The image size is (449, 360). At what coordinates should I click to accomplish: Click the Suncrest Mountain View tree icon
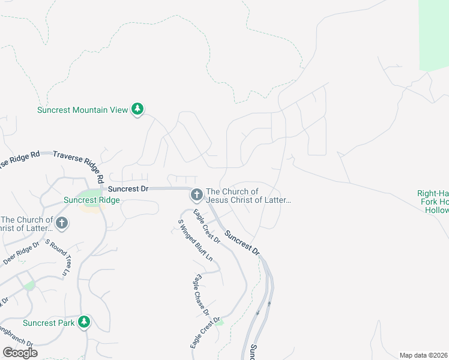click(139, 109)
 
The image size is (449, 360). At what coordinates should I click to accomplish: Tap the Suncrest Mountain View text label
click(83, 110)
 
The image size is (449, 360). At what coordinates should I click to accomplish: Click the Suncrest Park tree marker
click(85, 322)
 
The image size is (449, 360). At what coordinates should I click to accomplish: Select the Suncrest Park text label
click(49, 323)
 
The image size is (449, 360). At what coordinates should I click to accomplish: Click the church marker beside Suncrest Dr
click(196, 194)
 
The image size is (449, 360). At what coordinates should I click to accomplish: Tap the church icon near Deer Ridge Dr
click(61, 224)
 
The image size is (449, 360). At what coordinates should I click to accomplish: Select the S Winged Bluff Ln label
click(195, 240)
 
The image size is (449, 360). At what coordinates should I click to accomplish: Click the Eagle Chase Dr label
click(201, 295)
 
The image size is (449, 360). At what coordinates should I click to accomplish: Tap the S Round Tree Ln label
click(58, 259)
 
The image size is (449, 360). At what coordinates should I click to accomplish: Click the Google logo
click(20, 353)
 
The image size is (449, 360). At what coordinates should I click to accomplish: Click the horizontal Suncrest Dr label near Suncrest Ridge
click(128, 188)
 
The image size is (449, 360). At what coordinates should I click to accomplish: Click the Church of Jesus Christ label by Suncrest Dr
click(249, 196)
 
